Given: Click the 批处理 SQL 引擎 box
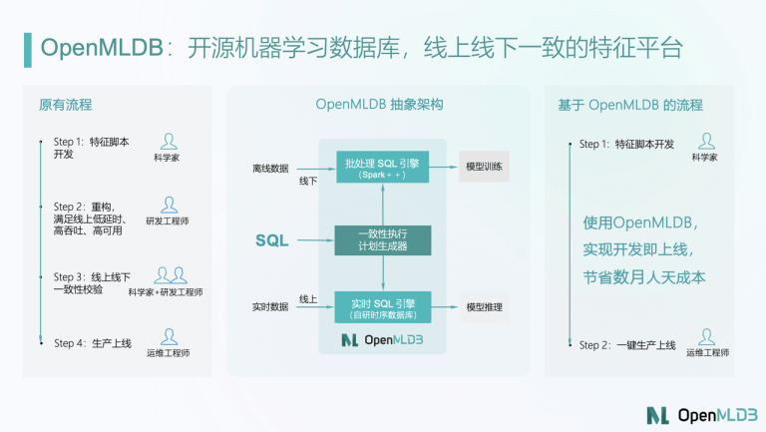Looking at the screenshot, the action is pos(383,167).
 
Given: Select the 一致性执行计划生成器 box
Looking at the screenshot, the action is pos(383,240).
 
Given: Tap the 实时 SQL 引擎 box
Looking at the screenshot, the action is pos(383,307).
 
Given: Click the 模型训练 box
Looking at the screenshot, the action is pos(484,167).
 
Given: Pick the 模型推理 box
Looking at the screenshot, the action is pos(484,307).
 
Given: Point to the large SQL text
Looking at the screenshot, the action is pos(272,240).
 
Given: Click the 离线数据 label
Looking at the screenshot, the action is pos(270,168).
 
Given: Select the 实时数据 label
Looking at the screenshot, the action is pos(270,307).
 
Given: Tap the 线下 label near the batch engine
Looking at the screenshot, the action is pos(308,181).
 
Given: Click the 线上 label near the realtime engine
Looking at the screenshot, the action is pos(308,299).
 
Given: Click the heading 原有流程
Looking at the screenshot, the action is pos(66,105).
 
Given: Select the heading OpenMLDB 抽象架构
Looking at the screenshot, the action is pos(379,104).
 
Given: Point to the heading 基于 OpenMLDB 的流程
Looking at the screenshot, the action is pos(630,105).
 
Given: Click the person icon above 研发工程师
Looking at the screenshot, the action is pos(169,205).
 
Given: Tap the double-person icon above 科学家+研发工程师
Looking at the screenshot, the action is pos(171,275).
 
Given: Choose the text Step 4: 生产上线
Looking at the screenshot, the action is pos(93,343).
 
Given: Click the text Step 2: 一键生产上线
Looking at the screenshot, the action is pos(627,345).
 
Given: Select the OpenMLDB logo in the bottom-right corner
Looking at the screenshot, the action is pos(702,415).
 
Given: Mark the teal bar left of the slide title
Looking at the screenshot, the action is pos(28,50).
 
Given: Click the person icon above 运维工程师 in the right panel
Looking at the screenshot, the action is pos(706,336).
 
